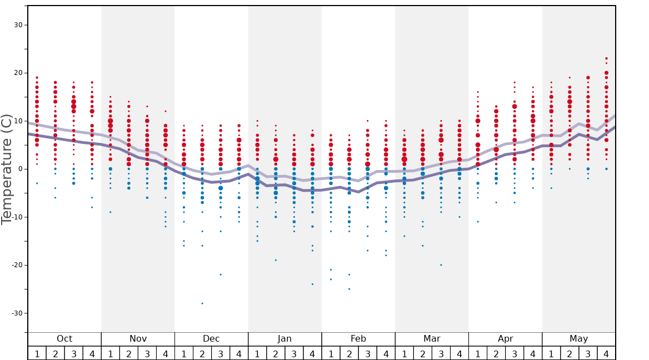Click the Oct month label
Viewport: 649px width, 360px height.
tap(64, 339)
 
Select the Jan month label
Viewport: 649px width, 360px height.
tap(284, 339)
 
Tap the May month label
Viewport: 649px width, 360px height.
tap(578, 339)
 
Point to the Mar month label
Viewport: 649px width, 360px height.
tap(432, 339)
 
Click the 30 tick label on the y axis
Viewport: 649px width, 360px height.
tap(18, 25)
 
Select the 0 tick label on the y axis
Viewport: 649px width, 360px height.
tap(21, 169)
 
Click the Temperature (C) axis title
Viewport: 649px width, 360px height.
tap(7, 169)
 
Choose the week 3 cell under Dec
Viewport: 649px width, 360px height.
tap(221, 353)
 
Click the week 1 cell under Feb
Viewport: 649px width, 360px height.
tap(331, 353)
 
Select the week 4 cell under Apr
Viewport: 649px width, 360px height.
tap(533, 353)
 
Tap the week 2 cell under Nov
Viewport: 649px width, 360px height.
tap(129, 353)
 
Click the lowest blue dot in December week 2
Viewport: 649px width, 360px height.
tap(202, 303)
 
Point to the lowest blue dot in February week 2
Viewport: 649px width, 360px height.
tap(349, 289)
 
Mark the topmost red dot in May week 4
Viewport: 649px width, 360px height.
tap(606, 58)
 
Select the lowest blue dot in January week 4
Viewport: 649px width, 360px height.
tap(312, 284)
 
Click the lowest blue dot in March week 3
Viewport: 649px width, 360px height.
tap(441, 265)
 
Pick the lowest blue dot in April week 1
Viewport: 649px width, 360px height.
tap(478, 222)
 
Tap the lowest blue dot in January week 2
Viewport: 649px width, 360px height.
tap(276, 260)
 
